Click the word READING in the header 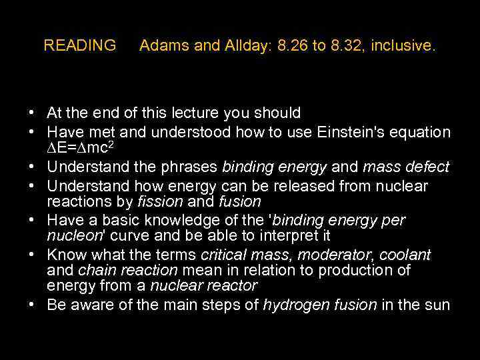point(79,46)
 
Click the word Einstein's point(347,132)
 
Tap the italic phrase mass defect point(406,167)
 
